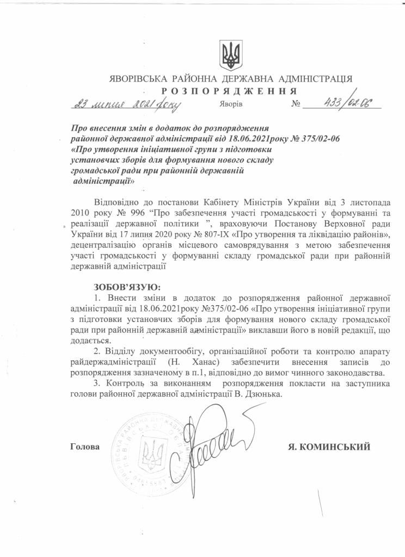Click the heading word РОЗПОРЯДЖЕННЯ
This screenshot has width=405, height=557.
(x=229, y=90)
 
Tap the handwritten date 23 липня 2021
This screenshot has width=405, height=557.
(x=124, y=104)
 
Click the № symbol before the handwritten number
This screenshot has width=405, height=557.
(x=296, y=104)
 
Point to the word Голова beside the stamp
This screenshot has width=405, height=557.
(x=85, y=447)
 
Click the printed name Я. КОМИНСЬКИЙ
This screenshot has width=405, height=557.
(x=329, y=447)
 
